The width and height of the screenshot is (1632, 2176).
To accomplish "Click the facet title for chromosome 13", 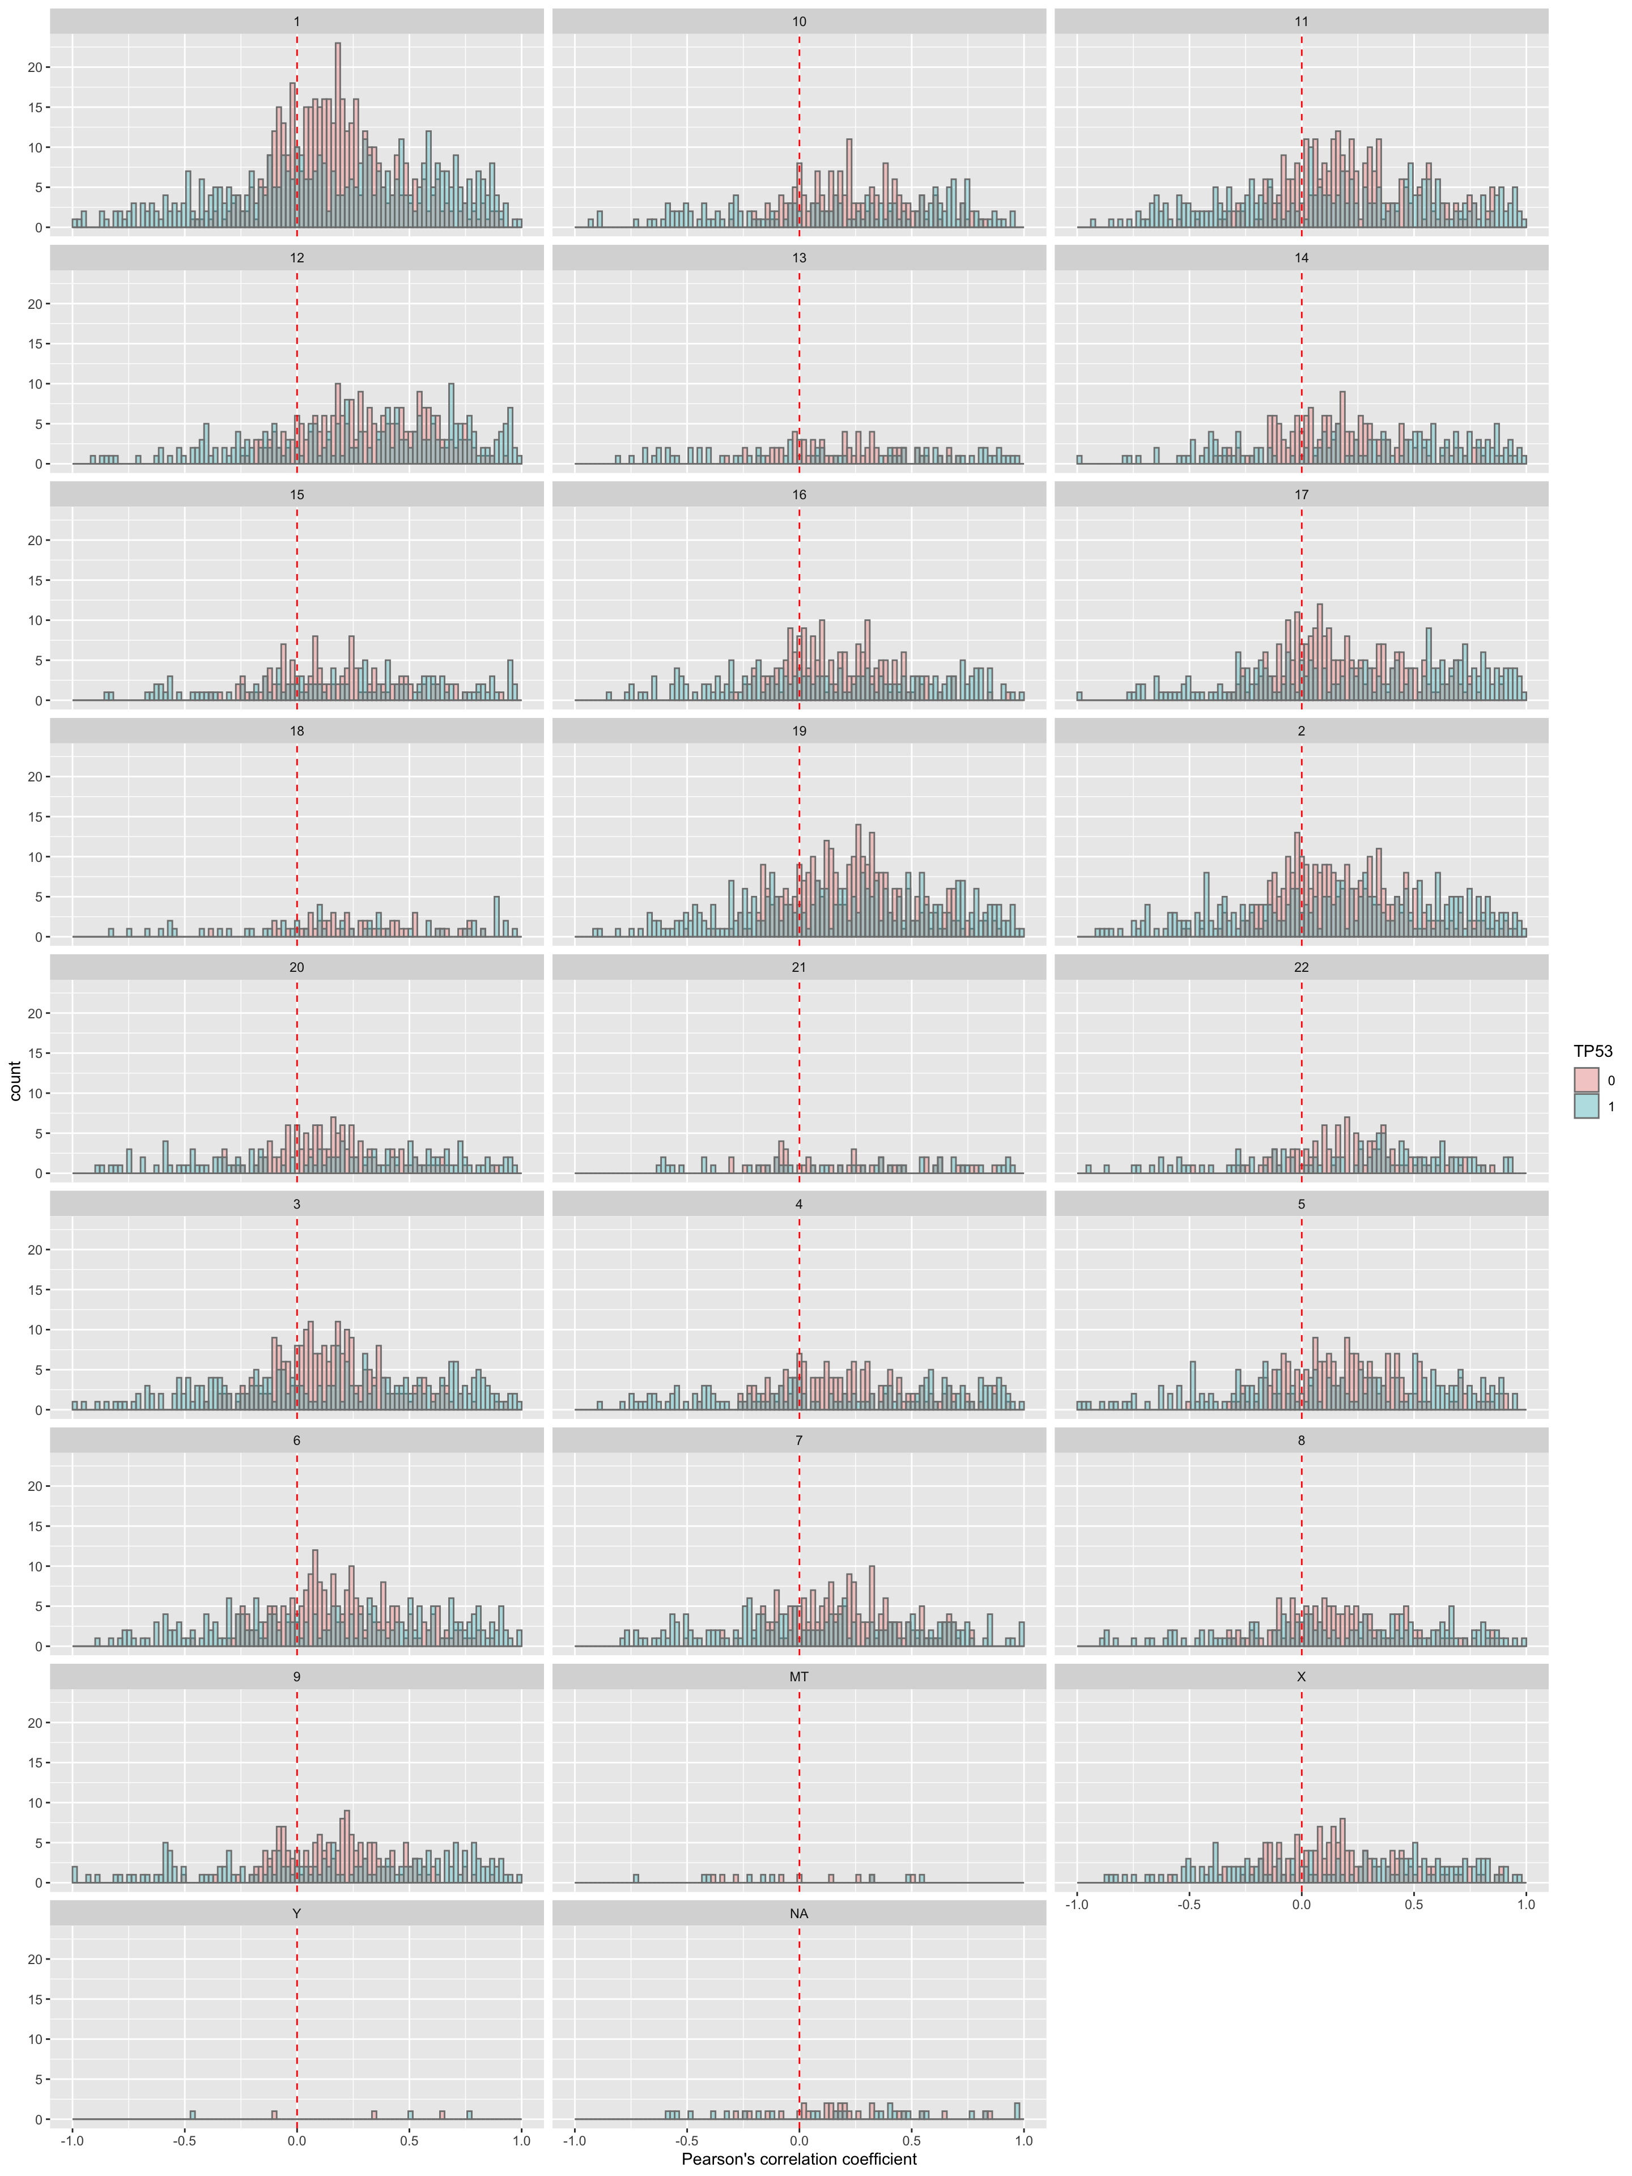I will coord(799,258).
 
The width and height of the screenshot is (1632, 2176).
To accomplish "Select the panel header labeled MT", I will coord(799,1676).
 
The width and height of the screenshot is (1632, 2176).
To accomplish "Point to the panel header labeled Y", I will coord(297,1913).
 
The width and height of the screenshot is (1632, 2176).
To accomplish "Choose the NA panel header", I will coord(799,1913).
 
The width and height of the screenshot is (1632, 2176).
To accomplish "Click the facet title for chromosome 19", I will coord(799,731).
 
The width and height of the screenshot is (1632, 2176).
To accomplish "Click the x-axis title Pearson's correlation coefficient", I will coord(799,2159).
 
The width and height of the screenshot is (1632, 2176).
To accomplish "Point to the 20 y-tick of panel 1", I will coord(35,67).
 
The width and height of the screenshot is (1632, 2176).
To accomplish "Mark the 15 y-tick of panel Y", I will coord(35,1999).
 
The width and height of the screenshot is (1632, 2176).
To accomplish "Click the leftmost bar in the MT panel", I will coord(635,1878).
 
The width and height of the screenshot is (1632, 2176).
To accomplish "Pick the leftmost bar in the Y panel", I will coord(193,2114).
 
